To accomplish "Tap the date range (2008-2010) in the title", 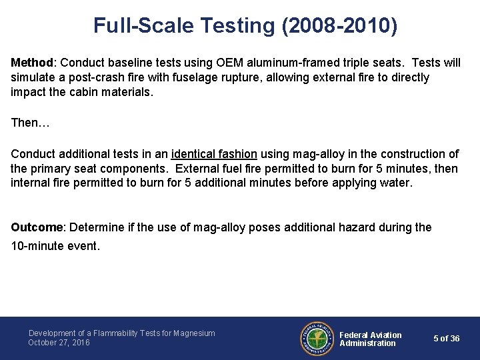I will click(340, 25).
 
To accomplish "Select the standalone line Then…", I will click(31, 123).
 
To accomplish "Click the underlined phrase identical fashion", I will click(214, 154).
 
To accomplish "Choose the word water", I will click(397, 183).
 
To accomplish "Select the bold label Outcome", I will click(37, 227).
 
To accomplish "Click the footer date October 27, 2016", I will click(59, 343).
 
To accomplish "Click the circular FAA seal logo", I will click(317, 338).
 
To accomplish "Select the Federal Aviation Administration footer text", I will click(371, 339).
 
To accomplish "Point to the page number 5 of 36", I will click(446, 339).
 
